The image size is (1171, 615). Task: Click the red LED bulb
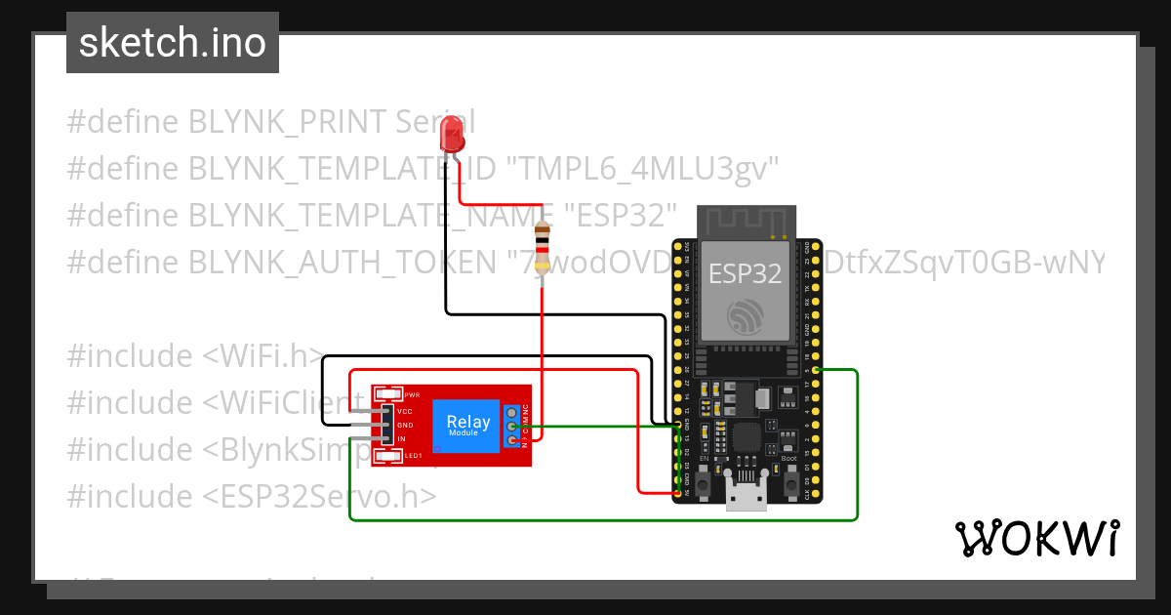(x=452, y=133)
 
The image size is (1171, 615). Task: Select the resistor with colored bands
(x=543, y=247)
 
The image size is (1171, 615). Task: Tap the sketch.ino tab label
(x=173, y=43)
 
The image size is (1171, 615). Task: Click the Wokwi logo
(x=1036, y=539)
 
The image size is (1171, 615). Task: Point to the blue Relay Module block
(x=468, y=426)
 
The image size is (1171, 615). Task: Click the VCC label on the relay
(x=405, y=412)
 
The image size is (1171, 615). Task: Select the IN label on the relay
(x=401, y=439)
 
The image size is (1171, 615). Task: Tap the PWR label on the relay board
(x=411, y=394)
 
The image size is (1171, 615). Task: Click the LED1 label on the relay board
(x=413, y=456)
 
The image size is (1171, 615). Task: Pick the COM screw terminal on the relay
(x=511, y=427)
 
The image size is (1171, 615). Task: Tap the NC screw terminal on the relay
(x=511, y=412)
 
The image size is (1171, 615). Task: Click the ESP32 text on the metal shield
(x=745, y=274)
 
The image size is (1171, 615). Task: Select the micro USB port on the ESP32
(x=747, y=499)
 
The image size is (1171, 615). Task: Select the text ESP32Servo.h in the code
(x=318, y=496)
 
